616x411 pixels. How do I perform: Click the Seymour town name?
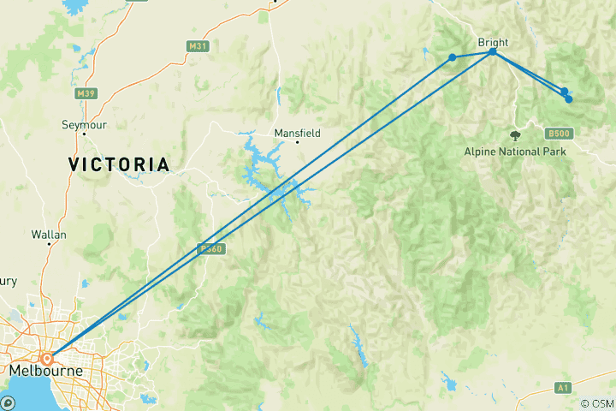[x=83, y=125]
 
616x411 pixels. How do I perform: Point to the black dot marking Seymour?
[x=85, y=110]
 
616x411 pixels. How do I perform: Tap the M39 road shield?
[x=86, y=93]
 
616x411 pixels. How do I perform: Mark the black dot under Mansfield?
[x=298, y=142]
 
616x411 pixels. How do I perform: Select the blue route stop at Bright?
[x=493, y=52]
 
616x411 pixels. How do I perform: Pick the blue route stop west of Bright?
[x=453, y=57]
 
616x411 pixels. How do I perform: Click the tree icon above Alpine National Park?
[x=514, y=134]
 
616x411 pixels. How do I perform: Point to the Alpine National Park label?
[x=515, y=152]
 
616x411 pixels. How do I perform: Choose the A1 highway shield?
[x=562, y=388]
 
